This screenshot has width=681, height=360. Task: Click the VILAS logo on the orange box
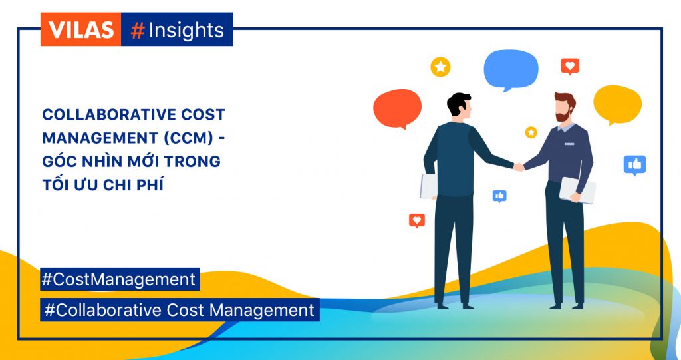(80, 29)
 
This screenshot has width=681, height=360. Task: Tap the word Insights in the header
(186, 31)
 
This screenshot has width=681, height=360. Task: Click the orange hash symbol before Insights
(137, 31)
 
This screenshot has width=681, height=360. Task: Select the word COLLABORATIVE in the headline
(100, 114)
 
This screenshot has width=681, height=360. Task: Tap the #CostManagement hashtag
(120, 279)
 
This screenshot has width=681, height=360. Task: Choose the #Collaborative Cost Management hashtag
(180, 310)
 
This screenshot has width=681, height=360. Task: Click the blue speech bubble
(511, 70)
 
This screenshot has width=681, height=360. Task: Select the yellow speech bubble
(618, 104)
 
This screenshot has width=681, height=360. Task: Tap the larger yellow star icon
(440, 67)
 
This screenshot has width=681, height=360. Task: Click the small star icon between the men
(531, 132)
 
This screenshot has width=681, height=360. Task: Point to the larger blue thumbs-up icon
(635, 165)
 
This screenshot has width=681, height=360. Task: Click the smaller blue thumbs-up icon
(499, 196)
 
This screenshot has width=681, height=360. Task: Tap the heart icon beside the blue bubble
(570, 66)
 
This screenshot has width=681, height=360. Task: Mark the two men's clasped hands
(519, 166)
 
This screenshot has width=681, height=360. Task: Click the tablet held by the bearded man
(577, 190)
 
